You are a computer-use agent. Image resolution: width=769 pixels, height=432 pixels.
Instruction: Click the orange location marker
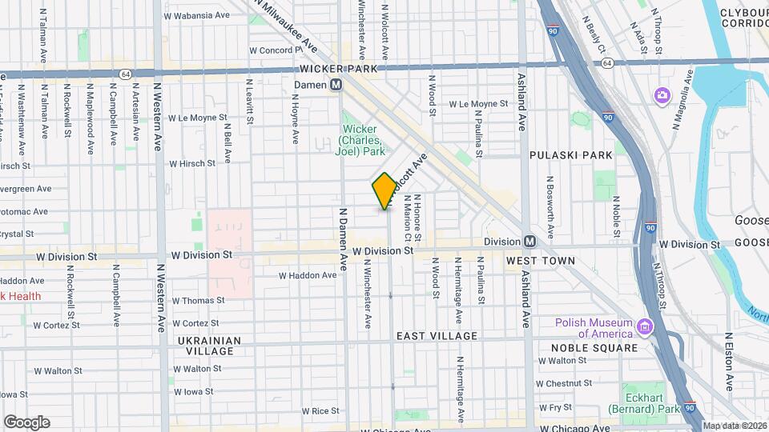click(384, 190)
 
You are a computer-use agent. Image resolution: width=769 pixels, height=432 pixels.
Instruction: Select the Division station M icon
click(529, 242)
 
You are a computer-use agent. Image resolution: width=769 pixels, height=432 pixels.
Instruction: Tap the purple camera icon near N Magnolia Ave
click(662, 96)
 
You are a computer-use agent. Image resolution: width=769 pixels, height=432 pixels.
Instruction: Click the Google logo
click(26, 422)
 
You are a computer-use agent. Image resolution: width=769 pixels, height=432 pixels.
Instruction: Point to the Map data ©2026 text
click(735, 426)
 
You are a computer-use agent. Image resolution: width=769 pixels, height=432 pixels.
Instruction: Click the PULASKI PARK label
click(571, 154)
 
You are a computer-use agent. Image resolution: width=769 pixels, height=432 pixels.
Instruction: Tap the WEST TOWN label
click(541, 261)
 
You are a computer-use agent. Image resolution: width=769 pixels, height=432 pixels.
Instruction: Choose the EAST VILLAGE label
click(437, 336)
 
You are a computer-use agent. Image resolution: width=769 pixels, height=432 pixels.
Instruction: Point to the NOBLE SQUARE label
click(594, 348)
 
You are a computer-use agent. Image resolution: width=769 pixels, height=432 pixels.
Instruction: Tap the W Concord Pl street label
click(275, 50)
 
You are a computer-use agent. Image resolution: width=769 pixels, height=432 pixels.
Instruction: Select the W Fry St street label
click(561, 407)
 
